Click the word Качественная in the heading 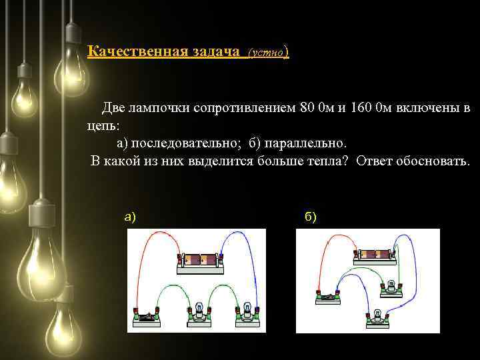[x=137, y=51]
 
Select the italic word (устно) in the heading [x=268, y=53]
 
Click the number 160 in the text [x=360, y=107]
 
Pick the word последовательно [x=184, y=143]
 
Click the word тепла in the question [x=327, y=161]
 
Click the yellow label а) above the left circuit [x=130, y=217]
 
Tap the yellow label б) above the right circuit [x=311, y=217]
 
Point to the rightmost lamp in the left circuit [x=247, y=315]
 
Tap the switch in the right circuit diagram [x=328, y=297]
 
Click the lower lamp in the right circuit [x=378, y=319]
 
